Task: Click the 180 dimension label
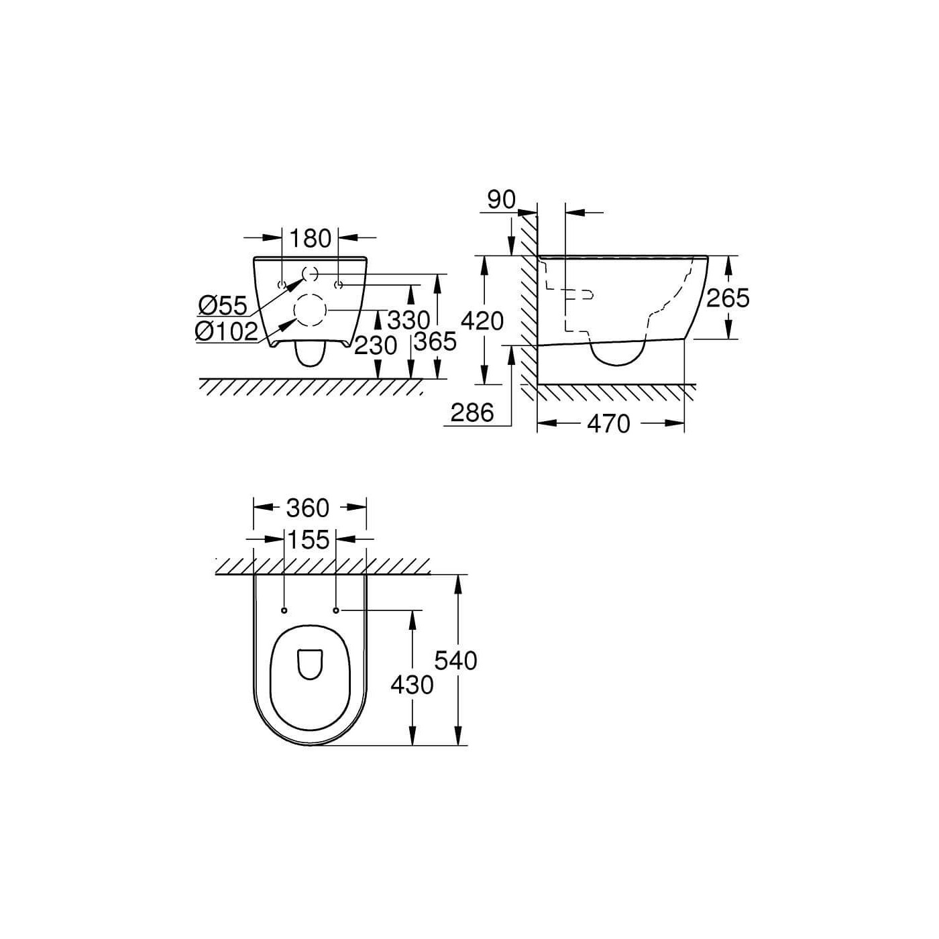tap(310, 238)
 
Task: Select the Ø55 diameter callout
tap(223, 305)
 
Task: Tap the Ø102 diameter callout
tap(226, 331)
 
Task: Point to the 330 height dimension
tap(408, 320)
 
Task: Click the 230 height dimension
tap(376, 345)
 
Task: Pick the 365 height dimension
tap(435, 341)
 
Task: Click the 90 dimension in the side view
tap(501, 199)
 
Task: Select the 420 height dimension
tap(482, 321)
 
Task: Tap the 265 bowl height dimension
tap(728, 297)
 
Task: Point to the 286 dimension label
tap(472, 412)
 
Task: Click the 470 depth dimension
tap(608, 423)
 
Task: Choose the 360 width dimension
tap(308, 508)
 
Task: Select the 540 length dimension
tap(455, 661)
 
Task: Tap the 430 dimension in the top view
tap(412, 685)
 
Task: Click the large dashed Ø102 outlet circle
tap(310, 311)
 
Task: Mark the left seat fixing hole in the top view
tap(284, 610)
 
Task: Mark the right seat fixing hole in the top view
tap(336, 610)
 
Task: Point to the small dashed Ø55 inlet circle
tap(310, 274)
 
